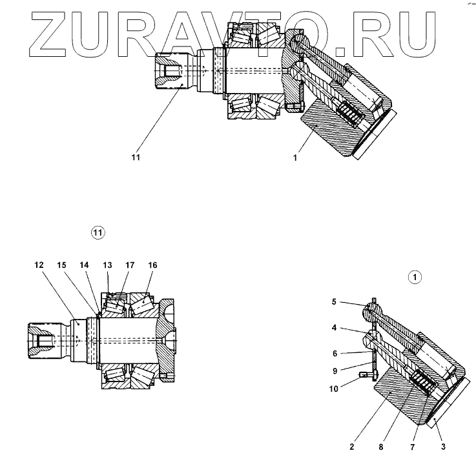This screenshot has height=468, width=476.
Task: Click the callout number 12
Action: pos(39,265)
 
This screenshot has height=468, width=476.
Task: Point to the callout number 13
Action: pos(107,265)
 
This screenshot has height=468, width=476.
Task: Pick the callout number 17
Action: pos(130,265)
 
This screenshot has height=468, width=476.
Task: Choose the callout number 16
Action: pos(152,265)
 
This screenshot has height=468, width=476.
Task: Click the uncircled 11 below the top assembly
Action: pos(136,156)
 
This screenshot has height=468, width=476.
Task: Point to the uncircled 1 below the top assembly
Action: pos(295,156)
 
